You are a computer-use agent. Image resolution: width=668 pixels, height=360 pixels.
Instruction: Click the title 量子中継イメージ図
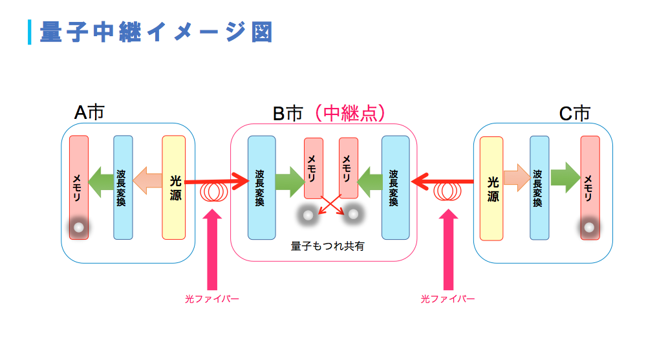156,32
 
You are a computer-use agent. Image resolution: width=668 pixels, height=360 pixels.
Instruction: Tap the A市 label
89,112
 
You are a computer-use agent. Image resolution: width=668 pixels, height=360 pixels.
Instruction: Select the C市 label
574,114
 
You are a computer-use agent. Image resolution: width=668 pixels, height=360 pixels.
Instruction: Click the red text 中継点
350,113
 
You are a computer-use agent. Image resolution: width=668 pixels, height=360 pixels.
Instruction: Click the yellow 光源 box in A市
174,187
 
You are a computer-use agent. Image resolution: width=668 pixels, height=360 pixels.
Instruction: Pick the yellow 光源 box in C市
491,189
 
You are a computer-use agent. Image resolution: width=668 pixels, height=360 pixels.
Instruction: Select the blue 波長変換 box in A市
123,187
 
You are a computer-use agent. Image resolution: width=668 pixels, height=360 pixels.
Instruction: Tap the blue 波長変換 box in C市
539,188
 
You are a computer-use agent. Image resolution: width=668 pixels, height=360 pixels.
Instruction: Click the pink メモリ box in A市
79,187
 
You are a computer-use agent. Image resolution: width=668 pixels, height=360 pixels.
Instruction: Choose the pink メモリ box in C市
590,188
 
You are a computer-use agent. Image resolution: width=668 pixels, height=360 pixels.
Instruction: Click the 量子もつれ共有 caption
327,246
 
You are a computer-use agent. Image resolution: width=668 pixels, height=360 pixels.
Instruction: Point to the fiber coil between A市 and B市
214,192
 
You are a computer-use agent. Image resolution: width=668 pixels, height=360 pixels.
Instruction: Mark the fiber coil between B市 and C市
447,191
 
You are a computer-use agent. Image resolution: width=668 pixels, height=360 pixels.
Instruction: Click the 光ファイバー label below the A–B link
211,299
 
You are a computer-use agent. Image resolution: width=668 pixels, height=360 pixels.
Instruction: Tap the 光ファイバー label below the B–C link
447,299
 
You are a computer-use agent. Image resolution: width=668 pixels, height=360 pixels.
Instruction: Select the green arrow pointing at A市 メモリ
101,182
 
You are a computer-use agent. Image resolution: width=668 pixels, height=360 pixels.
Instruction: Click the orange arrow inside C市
517,178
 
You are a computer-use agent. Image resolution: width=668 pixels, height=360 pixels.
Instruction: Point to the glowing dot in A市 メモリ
79,228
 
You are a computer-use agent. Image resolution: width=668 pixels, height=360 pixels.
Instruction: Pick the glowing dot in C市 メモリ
589,228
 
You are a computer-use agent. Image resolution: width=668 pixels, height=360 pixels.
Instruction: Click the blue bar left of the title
29,32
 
